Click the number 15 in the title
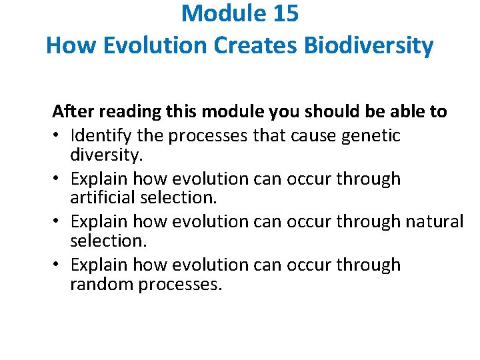(282, 13)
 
